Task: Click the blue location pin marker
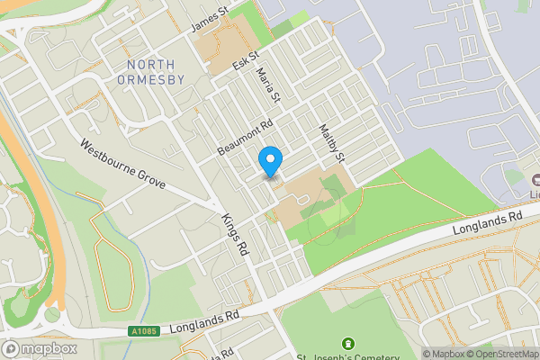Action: (x=270, y=161)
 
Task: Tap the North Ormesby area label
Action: (x=156, y=72)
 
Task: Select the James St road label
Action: (x=209, y=19)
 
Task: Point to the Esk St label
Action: (x=245, y=62)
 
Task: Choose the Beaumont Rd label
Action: (x=245, y=138)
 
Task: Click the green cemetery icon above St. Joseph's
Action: (x=348, y=343)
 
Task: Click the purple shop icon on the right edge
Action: (x=535, y=180)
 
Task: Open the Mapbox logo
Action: (x=40, y=348)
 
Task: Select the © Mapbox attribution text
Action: (x=445, y=354)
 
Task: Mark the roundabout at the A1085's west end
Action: (x=51, y=316)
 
